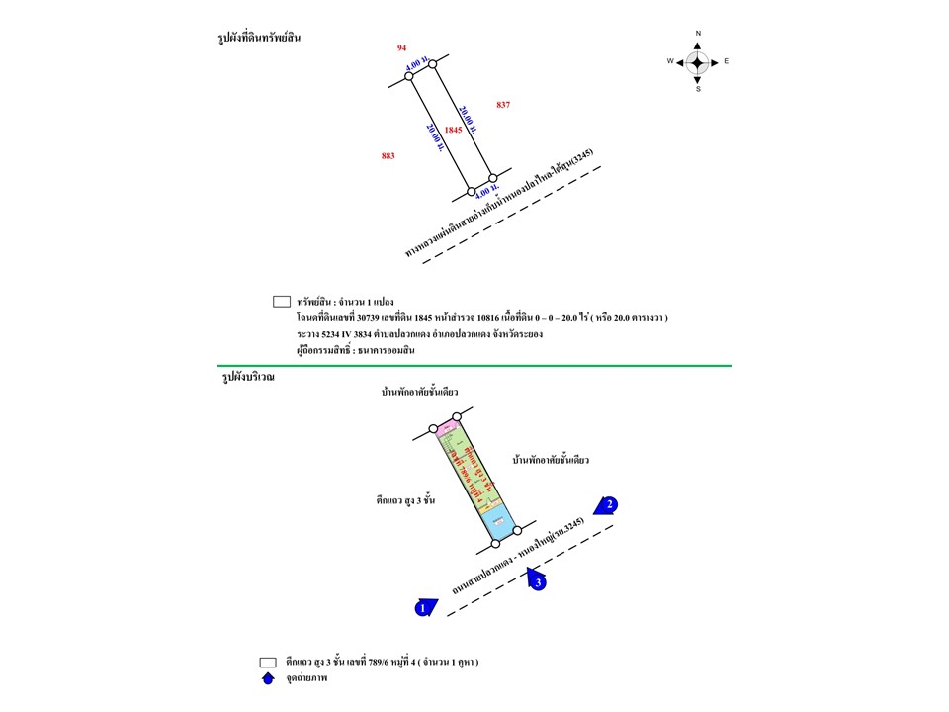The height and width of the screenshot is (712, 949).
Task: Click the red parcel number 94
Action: click(401, 47)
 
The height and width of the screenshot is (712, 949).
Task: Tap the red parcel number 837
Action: click(503, 105)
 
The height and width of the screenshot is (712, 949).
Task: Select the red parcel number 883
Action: click(388, 156)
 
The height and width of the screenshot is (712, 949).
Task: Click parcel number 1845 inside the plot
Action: click(453, 130)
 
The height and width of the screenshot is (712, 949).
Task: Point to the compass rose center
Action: click(697, 62)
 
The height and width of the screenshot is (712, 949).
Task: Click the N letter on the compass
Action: click(698, 34)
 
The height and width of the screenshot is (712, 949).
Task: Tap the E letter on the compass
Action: click(727, 62)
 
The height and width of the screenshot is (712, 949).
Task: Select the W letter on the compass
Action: click(669, 62)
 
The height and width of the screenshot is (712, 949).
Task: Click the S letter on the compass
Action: click(698, 90)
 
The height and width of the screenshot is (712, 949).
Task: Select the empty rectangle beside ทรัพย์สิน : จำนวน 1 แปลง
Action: click(281, 302)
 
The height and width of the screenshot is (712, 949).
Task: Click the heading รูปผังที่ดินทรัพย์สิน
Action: click(259, 38)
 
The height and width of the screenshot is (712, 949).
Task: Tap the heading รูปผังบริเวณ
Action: click(248, 377)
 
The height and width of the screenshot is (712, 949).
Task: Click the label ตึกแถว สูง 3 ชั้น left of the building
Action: click(400, 502)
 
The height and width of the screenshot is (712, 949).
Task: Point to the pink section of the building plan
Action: click(446, 428)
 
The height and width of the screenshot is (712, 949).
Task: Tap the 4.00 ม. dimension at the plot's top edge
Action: click(416, 65)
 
